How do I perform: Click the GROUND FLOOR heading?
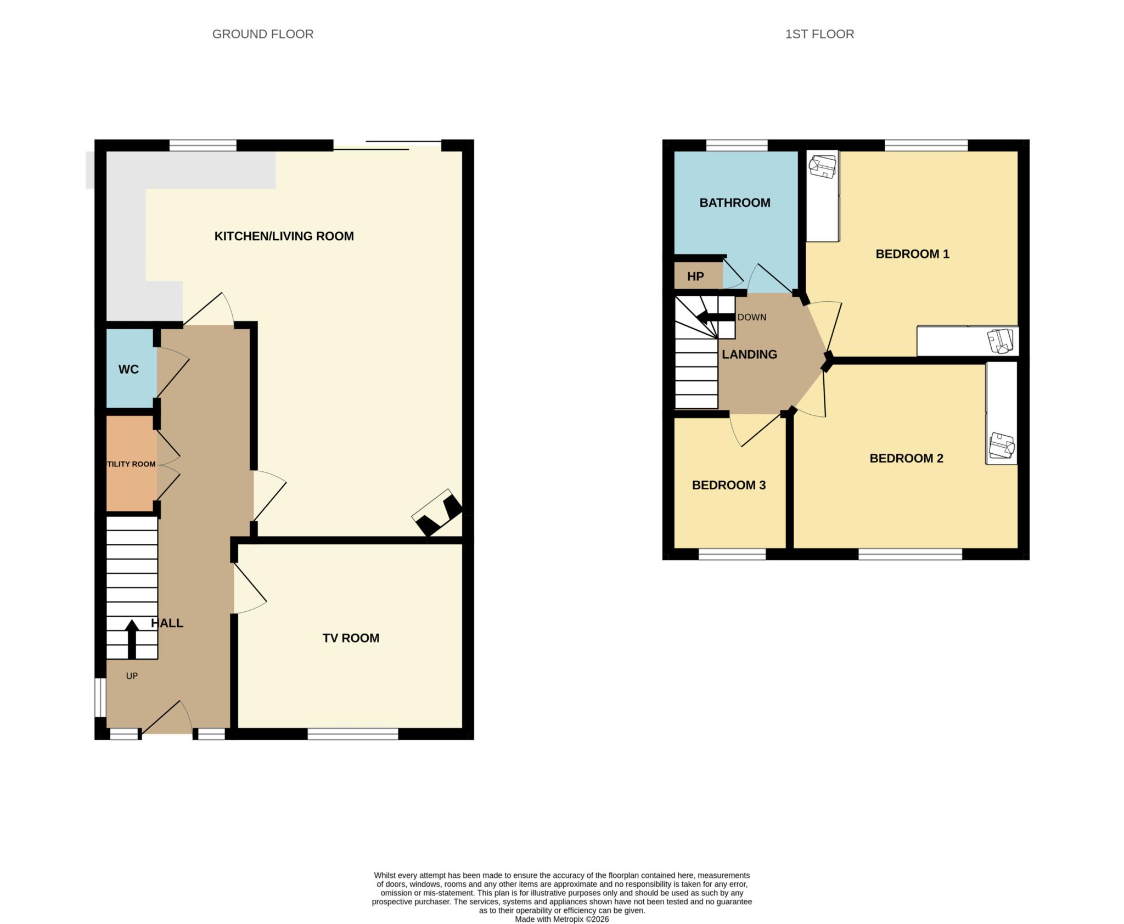(262, 34)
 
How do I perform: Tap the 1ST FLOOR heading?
(819, 34)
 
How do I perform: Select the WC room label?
(128, 369)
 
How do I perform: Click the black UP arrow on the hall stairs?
(132, 639)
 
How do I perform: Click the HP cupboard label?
(695, 277)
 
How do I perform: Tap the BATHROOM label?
(734, 203)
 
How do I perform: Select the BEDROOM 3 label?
(728, 485)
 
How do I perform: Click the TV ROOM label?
(351, 638)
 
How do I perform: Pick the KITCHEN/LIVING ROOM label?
(284, 236)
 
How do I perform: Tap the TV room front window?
(352, 734)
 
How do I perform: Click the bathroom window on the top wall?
(736, 145)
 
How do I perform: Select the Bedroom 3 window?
(732, 555)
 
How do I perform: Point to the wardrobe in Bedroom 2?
(1001, 413)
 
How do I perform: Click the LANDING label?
(749, 354)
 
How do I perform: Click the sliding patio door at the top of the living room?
(387, 145)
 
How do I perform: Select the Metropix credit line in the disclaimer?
(561, 919)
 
